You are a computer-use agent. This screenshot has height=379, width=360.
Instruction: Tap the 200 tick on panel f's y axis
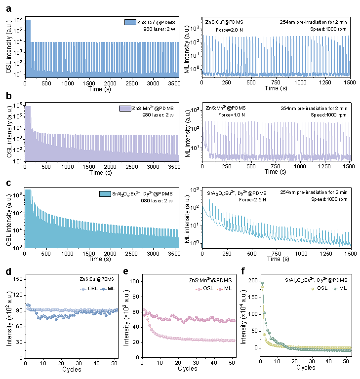(x=253, y=280)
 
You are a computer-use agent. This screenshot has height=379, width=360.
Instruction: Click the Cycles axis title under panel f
(x=306, y=368)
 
